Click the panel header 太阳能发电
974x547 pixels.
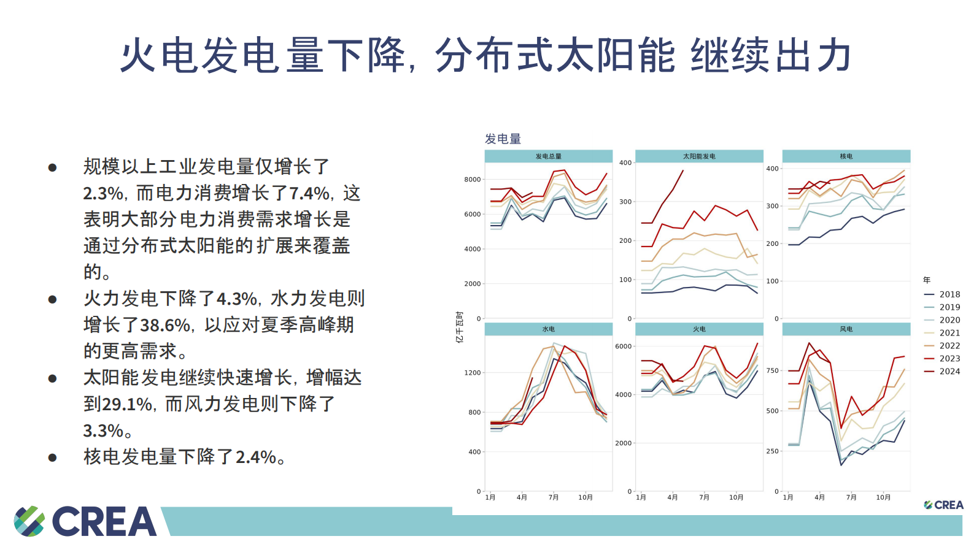[x=699, y=156]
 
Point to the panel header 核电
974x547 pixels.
[x=846, y=156]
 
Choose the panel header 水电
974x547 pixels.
[x=548, y=329]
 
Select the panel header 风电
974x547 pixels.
[x=846, y=329]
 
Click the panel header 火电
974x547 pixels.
[x=699, y=329]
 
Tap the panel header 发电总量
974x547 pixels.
[x=548, y=156]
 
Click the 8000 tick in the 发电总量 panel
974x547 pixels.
[x=473, y=180]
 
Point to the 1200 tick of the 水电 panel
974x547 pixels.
[x=473, y=373]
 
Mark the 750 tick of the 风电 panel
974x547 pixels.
[x=772, y=371]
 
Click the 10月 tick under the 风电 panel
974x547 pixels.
[x=883, y=497]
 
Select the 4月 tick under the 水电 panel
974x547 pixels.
[x=522, y=497]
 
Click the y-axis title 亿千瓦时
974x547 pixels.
[x=459, y=327]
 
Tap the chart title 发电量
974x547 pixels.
[x=503, y=139]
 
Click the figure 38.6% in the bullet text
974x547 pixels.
[x=165, y=325]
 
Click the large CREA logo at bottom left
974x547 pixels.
[x=85, y=521]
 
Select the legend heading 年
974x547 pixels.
[x=927, y=280]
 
